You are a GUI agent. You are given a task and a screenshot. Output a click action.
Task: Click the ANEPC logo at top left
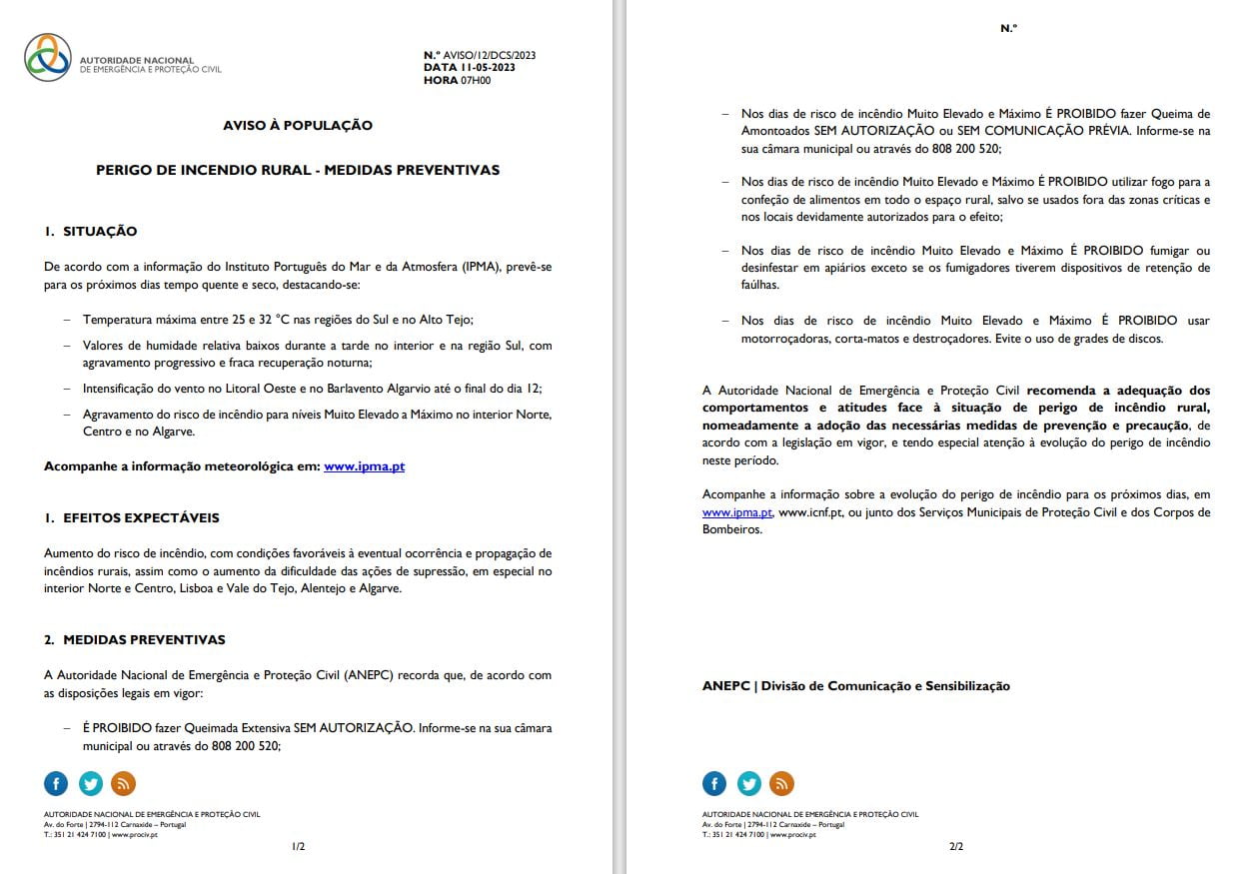pyautogui.click(x=48, y=57)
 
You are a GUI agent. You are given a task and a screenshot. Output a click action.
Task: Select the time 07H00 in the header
pyautogui.click(x=475, y=80)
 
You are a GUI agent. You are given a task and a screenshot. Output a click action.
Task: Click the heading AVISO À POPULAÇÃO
pyautogui.click(x=298, y=126)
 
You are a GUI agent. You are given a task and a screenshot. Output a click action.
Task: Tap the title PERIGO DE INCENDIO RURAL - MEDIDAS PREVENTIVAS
pyautogui.click(x=298, y=170)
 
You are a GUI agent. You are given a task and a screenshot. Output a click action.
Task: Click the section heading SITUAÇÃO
pyautogui.click(x=100, y=232)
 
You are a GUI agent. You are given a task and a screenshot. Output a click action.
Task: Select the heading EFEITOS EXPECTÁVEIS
pyautogui.click(x=141, y=518)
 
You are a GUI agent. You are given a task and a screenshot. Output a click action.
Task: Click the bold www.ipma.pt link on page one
pyautogui.click(x=364, y=466)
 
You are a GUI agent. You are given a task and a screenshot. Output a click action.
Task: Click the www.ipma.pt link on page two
pyautogui.click(x=737, y=512)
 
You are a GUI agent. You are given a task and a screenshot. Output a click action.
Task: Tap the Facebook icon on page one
pyautogui.click(x=56, y=783)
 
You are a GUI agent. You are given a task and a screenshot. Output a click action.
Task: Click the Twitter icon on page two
pyautogui.click(x=748, y=783)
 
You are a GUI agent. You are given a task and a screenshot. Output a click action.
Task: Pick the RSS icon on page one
pyautogui.click(x=123, y=783)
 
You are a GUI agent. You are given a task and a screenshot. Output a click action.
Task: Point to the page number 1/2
pyautogui.click(x=298, y=847)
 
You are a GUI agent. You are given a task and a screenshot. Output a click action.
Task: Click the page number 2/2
pyautogui.click(x=956, y=847)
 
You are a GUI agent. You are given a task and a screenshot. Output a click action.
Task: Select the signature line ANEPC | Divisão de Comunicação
pyautogui.click(x=855, y=686)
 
